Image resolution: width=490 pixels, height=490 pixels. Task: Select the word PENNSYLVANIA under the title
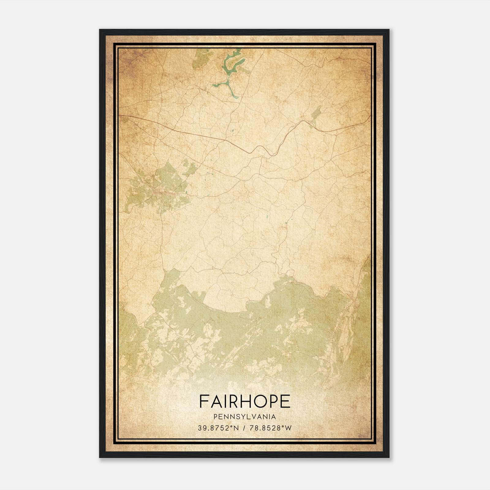coord(245,417)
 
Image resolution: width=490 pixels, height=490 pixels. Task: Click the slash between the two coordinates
coord(244,428)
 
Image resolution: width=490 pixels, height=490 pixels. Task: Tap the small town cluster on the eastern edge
coord(356,303)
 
